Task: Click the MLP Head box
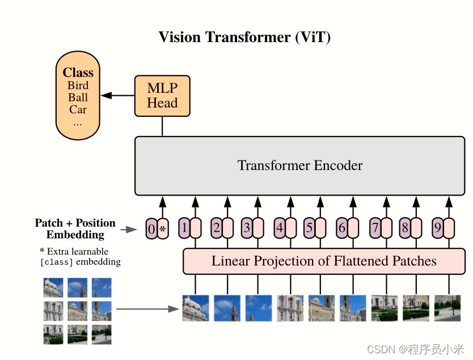[x=162, y=95]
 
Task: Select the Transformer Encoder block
[x=299, y=166]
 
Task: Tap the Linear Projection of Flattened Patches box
[x=324, y=261]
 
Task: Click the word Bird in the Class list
[x=78, y=86]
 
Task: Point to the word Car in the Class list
[x=78, y=109]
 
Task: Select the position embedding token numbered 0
[x=151, y=229]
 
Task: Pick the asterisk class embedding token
[x=163, y=229]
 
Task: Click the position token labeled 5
[x=309, y=228]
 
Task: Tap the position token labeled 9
[x=437, y=228]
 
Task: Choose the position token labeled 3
[x=247, y=228]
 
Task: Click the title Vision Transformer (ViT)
[x=244, y=37]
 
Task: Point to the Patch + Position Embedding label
[x=75, y=228]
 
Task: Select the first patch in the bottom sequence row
[x=195, y=308]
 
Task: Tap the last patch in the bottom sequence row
[x=447, y=308]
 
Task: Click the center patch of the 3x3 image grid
[x=78, y=311]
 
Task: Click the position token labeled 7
[x=375, y=228]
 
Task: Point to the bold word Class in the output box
[x=78, y=73]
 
